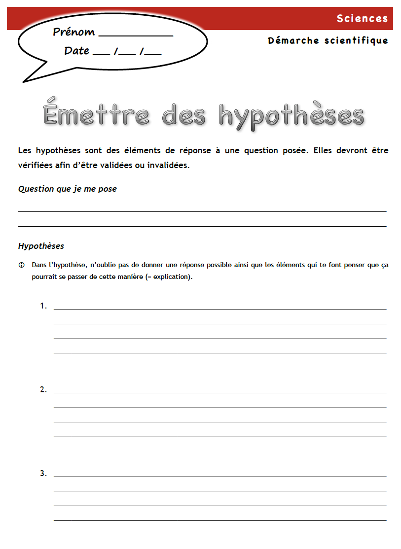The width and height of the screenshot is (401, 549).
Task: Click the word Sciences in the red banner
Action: (x=362, y=19)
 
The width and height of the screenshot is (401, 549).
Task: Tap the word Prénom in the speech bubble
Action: (x=74, y=33)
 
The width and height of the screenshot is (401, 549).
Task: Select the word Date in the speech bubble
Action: (x=76, y=51)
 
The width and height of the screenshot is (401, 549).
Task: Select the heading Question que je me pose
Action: (x=68, y=189)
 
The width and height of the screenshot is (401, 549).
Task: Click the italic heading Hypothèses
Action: (x=41, y=246)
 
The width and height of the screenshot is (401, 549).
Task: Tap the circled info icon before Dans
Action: (x=21, y=265)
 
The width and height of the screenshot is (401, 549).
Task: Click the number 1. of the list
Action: (x=43, y=306)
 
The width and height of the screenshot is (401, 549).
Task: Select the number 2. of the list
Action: (x=43, y=390)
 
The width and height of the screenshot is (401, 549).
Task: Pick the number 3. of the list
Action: (x=43, y=474)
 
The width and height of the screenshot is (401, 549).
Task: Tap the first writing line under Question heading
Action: (x=202, y=211)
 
